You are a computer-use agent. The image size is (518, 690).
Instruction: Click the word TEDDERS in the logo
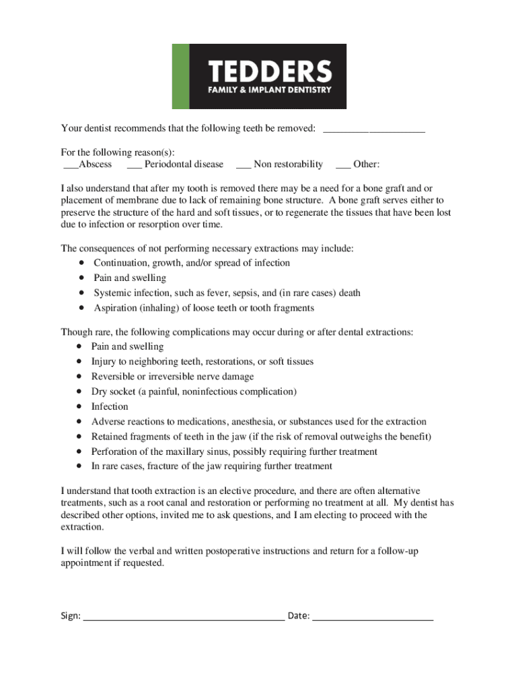(270, 71)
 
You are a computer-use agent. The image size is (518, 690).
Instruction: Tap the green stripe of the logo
(181, 76)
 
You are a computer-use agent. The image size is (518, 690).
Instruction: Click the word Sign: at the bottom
(71, 616)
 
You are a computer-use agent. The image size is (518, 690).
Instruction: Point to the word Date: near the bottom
(299, 616)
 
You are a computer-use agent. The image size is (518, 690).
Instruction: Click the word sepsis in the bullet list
(243, 293)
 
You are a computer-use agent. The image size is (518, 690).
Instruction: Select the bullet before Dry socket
(80, 391)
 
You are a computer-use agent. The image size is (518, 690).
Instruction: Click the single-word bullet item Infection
(110, 406)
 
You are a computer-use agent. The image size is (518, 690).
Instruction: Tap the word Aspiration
(115, 308)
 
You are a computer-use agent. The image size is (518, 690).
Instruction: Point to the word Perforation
(115, 451)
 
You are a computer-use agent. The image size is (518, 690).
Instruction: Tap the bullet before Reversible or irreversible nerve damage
(80, 377)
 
